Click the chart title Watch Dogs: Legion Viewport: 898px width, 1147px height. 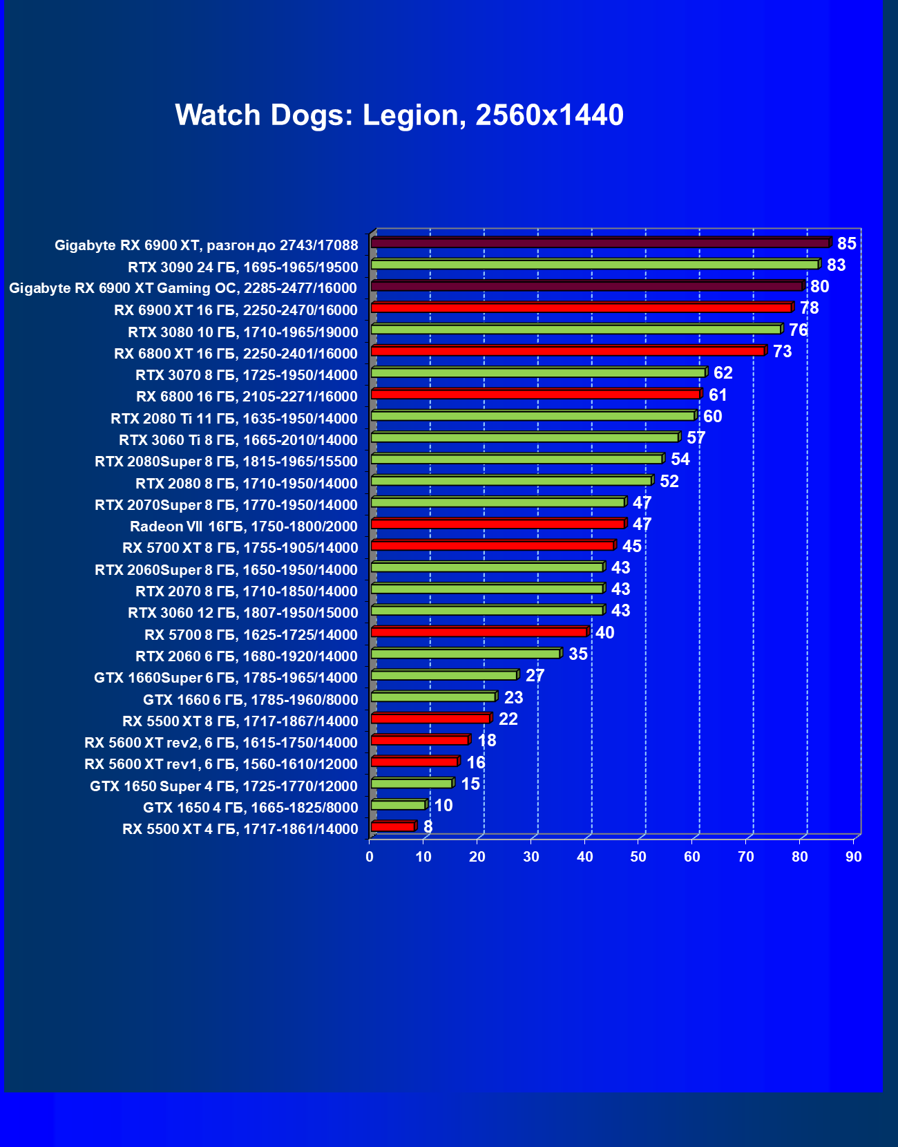point(399,115)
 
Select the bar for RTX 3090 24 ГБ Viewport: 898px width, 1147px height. point(594,265)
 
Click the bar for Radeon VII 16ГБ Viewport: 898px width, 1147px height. point(497,524)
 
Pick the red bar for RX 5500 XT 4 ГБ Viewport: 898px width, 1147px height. point(392,826)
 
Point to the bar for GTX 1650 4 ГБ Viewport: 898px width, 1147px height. point(398,805)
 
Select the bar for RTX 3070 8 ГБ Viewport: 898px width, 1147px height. point(537,372)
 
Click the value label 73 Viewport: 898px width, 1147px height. point(782,352)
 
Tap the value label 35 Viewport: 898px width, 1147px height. point(577,654)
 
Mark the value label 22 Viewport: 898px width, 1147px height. point(508,719)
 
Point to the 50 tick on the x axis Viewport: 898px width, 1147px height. point(638,857)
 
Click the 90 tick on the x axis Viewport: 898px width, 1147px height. point(854,857)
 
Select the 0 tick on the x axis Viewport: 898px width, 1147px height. point(370,857)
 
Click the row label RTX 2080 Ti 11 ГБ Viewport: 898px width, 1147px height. point(233,419)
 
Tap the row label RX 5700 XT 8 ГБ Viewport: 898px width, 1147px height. point(240,548)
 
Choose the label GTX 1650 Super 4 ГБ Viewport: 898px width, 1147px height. point(223,786)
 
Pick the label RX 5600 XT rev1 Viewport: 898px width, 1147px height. point(220,764)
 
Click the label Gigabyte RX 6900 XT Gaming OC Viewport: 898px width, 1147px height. point(183,288)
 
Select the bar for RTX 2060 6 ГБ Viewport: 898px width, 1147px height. point(465,654)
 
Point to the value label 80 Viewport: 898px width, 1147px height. point(819,287)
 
